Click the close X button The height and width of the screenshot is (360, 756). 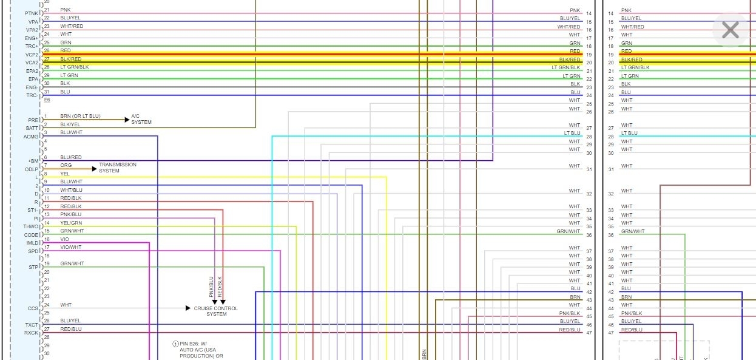point(730,30)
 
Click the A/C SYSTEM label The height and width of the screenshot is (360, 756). point(141,119)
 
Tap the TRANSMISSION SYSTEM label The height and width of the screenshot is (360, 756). point(118,168)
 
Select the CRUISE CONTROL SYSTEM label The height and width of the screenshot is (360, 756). point(216,311)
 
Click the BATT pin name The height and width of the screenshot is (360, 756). point(32,128)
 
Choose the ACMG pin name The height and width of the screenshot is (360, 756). point(31,137)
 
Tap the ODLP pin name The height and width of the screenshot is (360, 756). point(32,169)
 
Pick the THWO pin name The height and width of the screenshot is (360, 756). point(31,226)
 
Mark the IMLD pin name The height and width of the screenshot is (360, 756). point(32,243)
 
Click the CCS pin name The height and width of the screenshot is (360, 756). point(33,308)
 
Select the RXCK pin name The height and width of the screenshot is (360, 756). point(31,333)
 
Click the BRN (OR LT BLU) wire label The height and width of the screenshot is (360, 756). point(80,116)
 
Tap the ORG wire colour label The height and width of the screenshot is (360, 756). point(66,165)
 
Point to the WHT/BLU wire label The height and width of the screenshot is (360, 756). point(71,190)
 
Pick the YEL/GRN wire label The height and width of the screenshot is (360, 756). point(71,223)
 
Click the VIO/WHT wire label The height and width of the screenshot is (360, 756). point(70,247)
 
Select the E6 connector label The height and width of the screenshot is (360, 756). point(47,100)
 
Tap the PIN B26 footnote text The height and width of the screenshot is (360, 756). point(200,349)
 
